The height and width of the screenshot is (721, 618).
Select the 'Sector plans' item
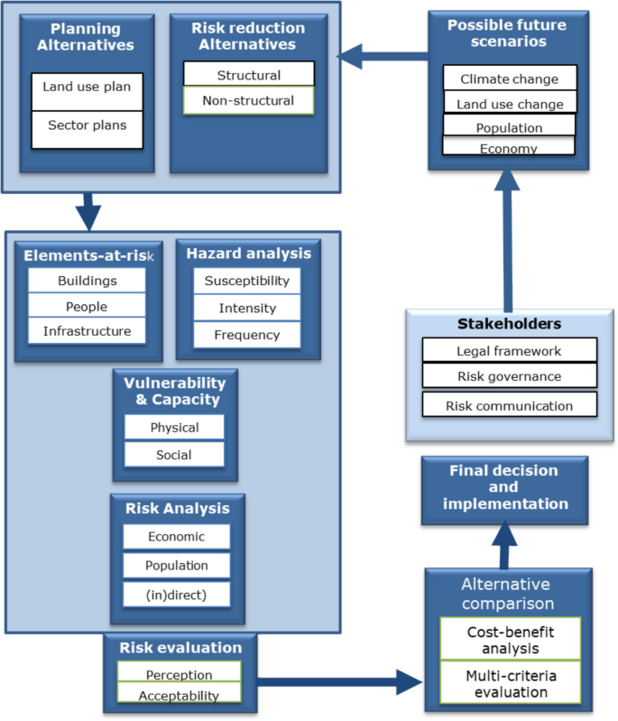coord(87,125)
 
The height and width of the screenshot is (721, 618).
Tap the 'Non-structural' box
coord(248,100)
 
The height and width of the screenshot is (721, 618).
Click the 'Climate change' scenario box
coord(509,79)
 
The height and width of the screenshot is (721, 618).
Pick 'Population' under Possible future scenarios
coord(509,127)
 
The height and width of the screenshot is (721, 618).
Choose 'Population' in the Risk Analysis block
coord(177,566)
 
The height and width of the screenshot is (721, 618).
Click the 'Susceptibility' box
coord(246,281)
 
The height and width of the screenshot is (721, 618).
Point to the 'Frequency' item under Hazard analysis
coord(246,335)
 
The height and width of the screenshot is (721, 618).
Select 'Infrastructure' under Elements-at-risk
coord(87,331)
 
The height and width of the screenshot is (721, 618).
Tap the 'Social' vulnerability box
coord(174,455)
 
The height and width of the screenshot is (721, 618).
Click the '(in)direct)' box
coord(177,595)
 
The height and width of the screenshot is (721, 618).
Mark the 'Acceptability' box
coord(179,695)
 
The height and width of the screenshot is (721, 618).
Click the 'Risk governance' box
coord(509,377)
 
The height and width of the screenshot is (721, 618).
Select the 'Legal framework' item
coord(509,350)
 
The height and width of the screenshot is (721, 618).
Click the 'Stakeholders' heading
coord(509,323)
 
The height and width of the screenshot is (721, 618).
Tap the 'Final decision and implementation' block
coord(504,487)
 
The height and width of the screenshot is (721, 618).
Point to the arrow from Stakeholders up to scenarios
coord(507,239)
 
